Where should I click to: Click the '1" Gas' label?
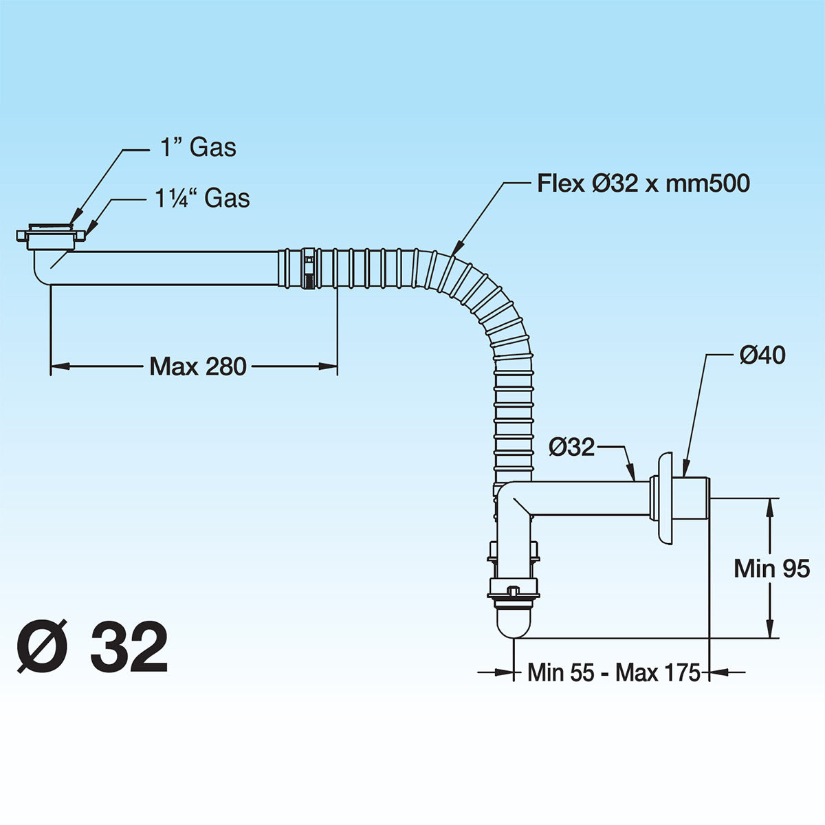coord(198,147)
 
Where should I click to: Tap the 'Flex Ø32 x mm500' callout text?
coord(643,184)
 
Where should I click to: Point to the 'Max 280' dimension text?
coord(197,366)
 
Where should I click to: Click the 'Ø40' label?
coord(762,355)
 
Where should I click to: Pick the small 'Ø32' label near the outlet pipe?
coord(571,447)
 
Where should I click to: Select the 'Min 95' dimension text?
coord(771,569)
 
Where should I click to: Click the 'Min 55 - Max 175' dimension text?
coord(613,672)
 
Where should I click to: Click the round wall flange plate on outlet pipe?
coord(664,498)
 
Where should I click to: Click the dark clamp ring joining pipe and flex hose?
coord(309,269)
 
